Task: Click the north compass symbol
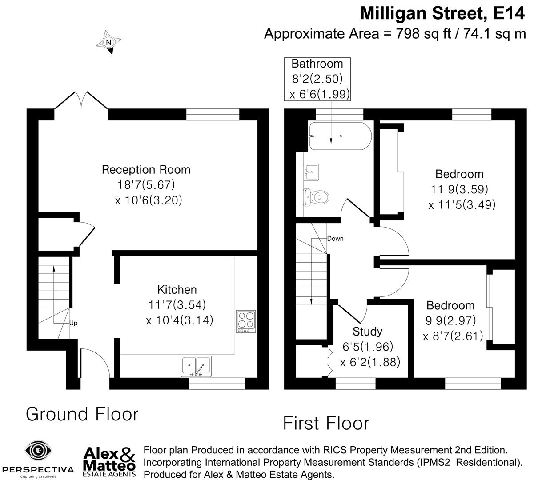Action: [108, 43]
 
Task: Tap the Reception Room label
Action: [146, 170]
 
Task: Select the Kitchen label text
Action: [177, 290]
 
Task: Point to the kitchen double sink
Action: [196, 366]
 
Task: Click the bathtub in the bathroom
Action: [339, 136]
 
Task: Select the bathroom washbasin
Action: [312, 171]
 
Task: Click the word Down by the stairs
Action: [335, 239]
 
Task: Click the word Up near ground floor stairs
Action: [73, 323]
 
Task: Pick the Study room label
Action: [367, 332]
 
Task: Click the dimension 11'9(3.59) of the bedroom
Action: [459, 189]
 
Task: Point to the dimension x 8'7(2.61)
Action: [453, 336]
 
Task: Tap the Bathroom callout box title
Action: [317, 64]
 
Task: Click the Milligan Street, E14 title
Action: [442, 13]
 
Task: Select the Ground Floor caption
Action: [82, 414]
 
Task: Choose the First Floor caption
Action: [326, 423]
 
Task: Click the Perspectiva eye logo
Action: [38, 452]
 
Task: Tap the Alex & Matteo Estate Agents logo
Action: [109, 461]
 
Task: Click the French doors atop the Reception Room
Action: [81, 101]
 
